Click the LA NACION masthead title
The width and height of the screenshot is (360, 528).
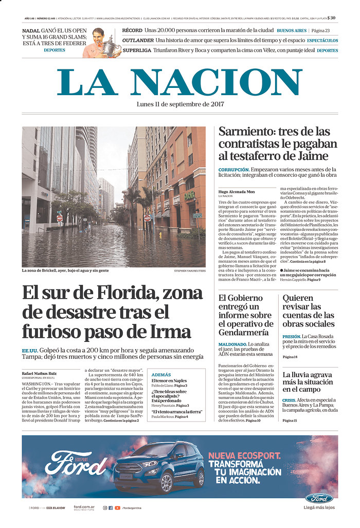[x=179, y=82]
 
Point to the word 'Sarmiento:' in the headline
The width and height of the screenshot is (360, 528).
[x=246, y=131]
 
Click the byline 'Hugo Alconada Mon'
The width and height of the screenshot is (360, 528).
[x=236, y=191]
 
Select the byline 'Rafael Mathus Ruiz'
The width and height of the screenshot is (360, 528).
[x=39, y=373]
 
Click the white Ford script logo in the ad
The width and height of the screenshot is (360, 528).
[x=76, y=462]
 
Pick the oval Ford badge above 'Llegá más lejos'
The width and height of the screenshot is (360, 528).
[x=319, y=498]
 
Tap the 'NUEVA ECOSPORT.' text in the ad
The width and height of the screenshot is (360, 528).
[x=244, y=456]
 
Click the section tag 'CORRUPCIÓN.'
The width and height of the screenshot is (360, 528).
[x=234, y=169]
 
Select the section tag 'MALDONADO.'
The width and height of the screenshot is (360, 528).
[x=232, y=344]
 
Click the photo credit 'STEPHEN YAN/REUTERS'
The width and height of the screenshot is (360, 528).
[x=189, y=270]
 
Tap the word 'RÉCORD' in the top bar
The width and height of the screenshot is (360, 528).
[x=132, y=30]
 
